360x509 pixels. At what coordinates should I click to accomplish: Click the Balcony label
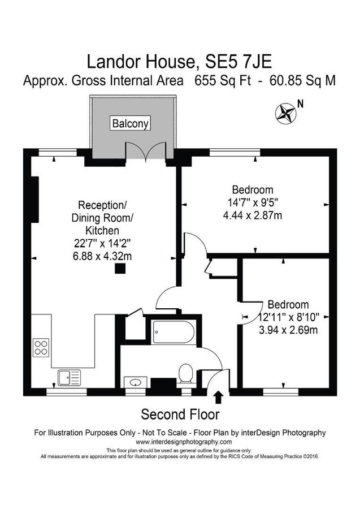[x=131, y=123]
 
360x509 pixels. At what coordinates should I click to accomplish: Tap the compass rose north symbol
[x=285, y=113]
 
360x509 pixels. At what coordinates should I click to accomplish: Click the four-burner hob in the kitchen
[x=41, y=347]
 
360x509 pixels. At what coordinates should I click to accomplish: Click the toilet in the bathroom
[x=185, y=374]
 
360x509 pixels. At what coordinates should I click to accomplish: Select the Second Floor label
[x=180, y=414]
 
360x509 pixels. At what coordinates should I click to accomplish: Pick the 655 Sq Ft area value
[x=224, y=80]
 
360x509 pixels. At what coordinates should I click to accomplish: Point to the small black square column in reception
[x=119, y=269]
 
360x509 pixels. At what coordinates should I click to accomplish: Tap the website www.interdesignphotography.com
[x=180, y=442]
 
